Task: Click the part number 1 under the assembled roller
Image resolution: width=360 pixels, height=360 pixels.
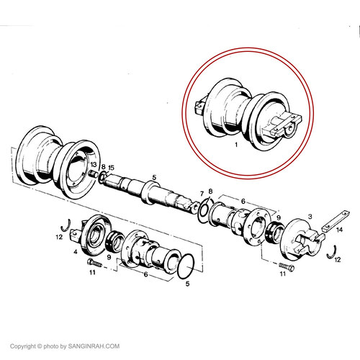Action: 236,145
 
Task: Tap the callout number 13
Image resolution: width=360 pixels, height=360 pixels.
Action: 94,164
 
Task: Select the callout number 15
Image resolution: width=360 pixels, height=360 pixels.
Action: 111,167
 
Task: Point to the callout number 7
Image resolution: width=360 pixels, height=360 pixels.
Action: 202,194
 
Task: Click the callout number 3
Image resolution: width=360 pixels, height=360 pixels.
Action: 310,217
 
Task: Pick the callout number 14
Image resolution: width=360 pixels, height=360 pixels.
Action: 339,230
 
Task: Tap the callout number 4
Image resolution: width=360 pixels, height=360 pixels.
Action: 76,252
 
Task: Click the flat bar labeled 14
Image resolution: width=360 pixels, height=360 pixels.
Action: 336,221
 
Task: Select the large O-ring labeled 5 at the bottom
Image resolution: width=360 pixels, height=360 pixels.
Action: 186,266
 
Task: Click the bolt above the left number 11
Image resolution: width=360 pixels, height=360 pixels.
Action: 94,263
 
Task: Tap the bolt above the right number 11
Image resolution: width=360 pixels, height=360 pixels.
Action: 287,266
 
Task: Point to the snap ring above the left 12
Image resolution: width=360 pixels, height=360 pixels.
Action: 66,225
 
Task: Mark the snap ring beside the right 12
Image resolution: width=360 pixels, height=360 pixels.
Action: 332,252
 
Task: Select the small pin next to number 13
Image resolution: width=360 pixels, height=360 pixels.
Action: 93,174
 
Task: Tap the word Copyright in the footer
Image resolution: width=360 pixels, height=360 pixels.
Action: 23,346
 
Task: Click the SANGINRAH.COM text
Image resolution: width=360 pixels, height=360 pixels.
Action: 94,346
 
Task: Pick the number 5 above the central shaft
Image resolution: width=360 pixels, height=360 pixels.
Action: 154,178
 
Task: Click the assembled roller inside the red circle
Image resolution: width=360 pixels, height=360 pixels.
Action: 248,114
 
